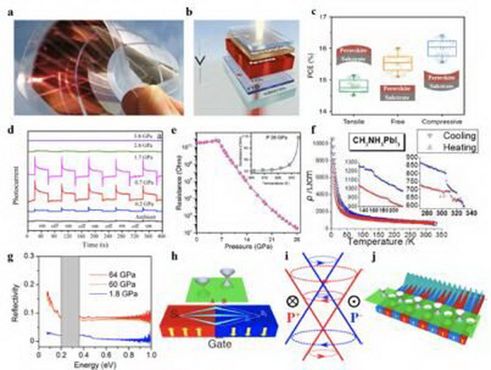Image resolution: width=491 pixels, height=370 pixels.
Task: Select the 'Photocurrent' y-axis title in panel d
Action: click(x=12, y=186)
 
